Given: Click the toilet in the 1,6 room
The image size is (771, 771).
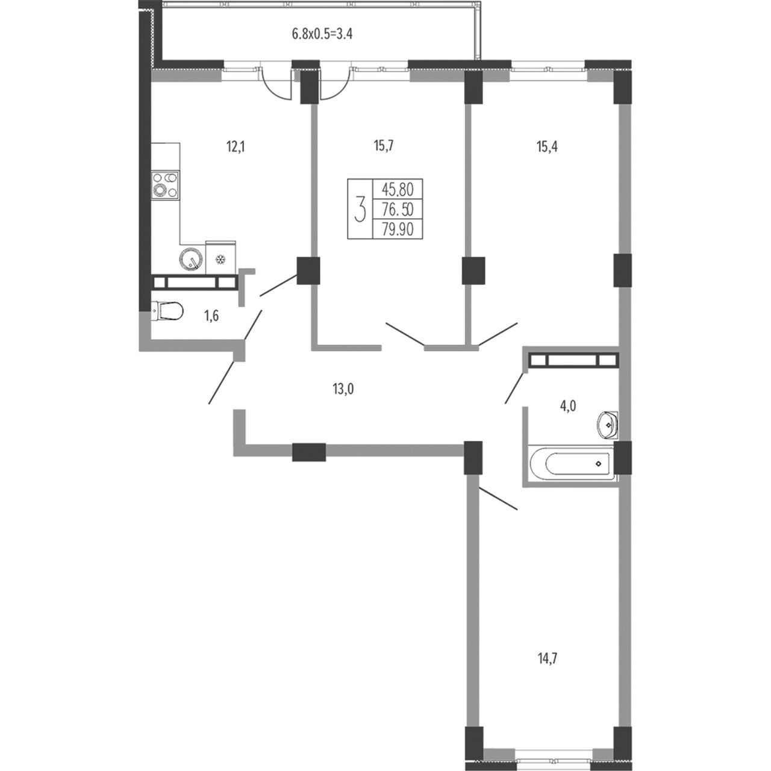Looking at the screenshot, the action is pos(167,311).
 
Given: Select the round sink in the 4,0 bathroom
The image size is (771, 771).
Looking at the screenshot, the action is pos(607,425).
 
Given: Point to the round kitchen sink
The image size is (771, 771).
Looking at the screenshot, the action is pos(191,259).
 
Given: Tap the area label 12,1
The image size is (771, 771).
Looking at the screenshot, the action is pos(236,148).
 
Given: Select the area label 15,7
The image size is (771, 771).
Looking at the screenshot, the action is pos(384,146).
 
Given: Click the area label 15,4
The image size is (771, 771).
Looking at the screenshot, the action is pos(547,147).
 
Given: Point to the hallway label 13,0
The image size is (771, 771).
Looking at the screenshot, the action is pos(343,389).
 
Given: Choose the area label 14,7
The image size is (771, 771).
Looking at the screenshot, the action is pos(547,658).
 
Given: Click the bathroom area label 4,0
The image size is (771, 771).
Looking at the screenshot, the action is pos(568,407).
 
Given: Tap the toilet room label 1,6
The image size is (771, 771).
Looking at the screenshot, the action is pos(211,316).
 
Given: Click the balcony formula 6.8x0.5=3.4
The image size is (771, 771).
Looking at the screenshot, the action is pos(322,34).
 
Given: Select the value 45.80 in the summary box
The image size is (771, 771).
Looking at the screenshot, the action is pos(398,189).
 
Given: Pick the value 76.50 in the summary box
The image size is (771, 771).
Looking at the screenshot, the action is pos(398,209).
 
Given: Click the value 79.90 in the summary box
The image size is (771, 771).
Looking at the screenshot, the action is pos(398,229).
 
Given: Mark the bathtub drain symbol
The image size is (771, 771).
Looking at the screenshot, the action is pos(598,464).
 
